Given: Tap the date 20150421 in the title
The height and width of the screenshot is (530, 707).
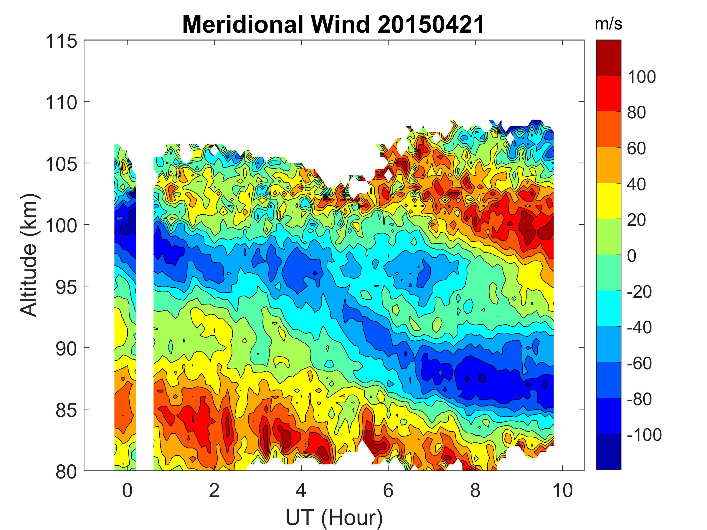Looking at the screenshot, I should tap(430, 25).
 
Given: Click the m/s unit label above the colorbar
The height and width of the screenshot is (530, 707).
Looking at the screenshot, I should tap(608, 24).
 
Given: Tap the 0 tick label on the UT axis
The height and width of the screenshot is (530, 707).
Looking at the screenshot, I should tap(127, 490).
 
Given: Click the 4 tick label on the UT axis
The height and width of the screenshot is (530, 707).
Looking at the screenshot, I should tap(301, 490).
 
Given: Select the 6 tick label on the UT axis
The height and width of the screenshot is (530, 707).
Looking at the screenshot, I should tap(388, 490).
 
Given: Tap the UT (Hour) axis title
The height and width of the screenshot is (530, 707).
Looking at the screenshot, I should tap(334, 518).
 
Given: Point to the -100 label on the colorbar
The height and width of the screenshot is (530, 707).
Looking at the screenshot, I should tap(644, 435).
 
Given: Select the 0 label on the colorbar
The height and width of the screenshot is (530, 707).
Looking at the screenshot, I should tap(632, 256).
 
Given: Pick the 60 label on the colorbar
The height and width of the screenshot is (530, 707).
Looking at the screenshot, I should tap(636, 149).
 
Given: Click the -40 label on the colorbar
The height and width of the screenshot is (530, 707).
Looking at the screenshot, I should tap(639, 327).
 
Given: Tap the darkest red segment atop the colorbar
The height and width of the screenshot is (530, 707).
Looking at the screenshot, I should tap(608, 58).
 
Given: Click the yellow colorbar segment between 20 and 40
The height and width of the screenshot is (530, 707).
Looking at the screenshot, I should tap(608, 201).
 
